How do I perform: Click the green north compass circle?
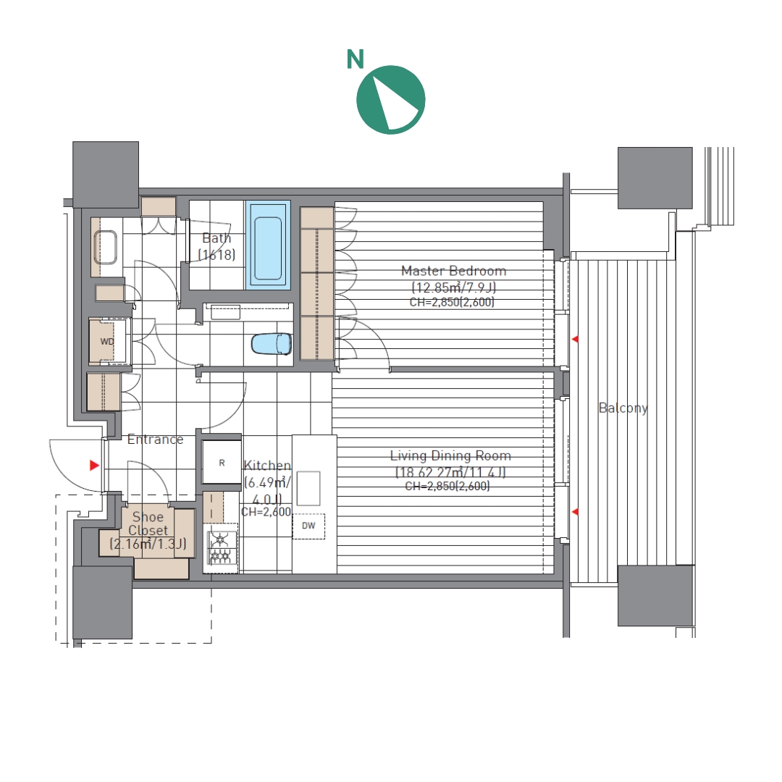click(x=391, y=100)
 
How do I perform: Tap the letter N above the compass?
click(x=355, y=59)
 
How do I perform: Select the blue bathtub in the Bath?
click(x=269, y=245)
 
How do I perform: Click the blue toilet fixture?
click(x=272, y=344)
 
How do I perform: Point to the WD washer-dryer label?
click(x=107, y=342)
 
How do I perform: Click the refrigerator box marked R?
click(x=222, y=462)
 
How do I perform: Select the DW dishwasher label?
click(x=308, y=525)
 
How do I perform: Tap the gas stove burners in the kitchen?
click(x=220, y=548)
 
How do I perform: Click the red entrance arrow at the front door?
click(x=94, y=466)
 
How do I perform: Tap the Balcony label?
click(x=623, y=408)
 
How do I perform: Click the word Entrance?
click(x=155, y=440)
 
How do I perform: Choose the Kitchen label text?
click(x=266, y=466)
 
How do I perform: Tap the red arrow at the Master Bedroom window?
click(x=575, y=339)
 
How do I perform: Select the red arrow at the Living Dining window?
click(x=575, y=512)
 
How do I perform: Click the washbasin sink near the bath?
click(x=105, y=248)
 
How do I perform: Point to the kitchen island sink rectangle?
click(x=308, y=489)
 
